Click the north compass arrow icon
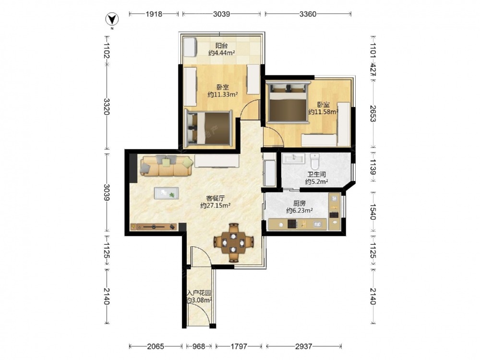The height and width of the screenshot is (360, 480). pos(112,20)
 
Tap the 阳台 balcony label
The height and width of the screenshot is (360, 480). pos(222,46)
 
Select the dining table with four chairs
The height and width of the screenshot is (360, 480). pos(234,243)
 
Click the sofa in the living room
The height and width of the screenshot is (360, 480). pos(166,166)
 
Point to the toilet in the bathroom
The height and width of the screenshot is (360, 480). pos(315,161)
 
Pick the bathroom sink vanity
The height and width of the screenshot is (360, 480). pos(294,158)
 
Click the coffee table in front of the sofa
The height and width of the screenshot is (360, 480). pos(166,193)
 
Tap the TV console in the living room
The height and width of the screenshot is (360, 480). pos(154,227)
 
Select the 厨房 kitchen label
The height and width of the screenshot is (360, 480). pos(300,204)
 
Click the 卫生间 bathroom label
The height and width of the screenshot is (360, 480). pos(316,175)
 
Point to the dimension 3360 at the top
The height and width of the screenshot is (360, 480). pos(308,14)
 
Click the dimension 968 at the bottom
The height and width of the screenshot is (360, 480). pos(199,346)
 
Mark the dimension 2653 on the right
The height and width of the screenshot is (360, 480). pos(373,114)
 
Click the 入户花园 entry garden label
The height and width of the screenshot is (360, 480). pos(199,293)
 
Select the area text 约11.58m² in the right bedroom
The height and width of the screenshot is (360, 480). pos(323,112)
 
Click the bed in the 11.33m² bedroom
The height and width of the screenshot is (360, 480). pos(208,128)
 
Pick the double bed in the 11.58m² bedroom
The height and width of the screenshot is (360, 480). pos(288,102)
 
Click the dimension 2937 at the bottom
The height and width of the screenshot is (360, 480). pos(304,346)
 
